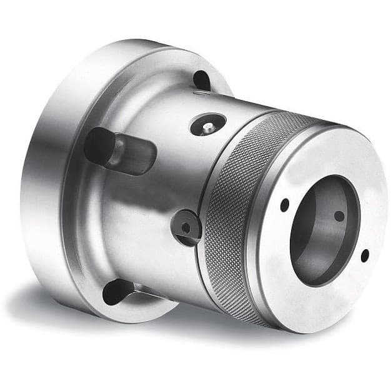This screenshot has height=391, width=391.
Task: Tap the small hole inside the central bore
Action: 339,215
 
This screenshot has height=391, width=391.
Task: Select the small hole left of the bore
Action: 285,205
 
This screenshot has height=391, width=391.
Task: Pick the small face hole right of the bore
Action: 365,254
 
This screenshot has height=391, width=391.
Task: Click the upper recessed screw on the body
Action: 207,125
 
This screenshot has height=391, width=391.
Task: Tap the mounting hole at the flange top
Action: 202,81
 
